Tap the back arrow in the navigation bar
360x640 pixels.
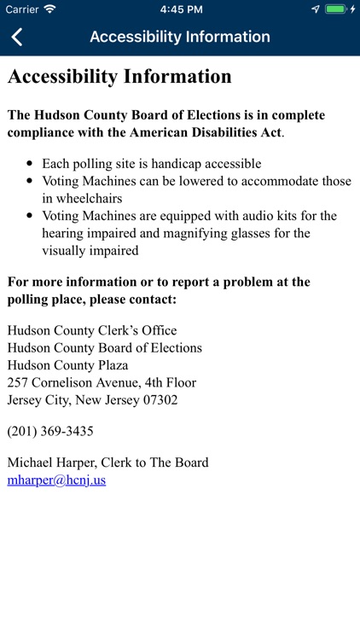[17, 37]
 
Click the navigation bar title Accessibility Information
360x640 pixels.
[180, 37]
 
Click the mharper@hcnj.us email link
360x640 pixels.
[56, 480]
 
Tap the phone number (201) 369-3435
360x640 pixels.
[50, 431]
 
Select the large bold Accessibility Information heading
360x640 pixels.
[119, 76]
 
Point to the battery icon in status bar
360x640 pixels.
[336, 9]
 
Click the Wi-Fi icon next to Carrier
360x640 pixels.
[49, 9]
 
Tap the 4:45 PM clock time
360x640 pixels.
[180, 9]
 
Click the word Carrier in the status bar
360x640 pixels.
[22, 9]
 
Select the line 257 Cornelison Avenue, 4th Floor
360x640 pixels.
[102, 382]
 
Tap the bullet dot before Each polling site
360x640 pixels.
[31, 164]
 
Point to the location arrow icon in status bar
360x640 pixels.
[316, 9]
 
